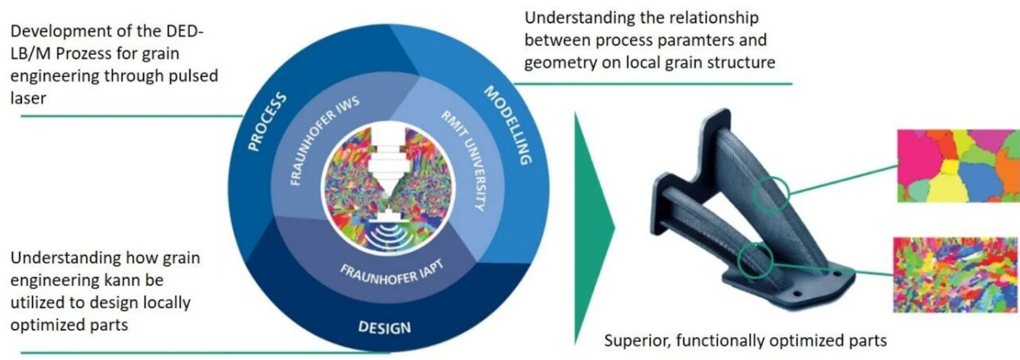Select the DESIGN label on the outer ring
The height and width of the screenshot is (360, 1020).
385,327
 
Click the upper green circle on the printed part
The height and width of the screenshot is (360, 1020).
770,194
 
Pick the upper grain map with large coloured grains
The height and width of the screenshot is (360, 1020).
957,166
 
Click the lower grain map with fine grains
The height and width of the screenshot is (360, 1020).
955,274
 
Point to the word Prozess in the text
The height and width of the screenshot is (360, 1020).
87,54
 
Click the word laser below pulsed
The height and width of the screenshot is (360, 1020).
28,98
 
